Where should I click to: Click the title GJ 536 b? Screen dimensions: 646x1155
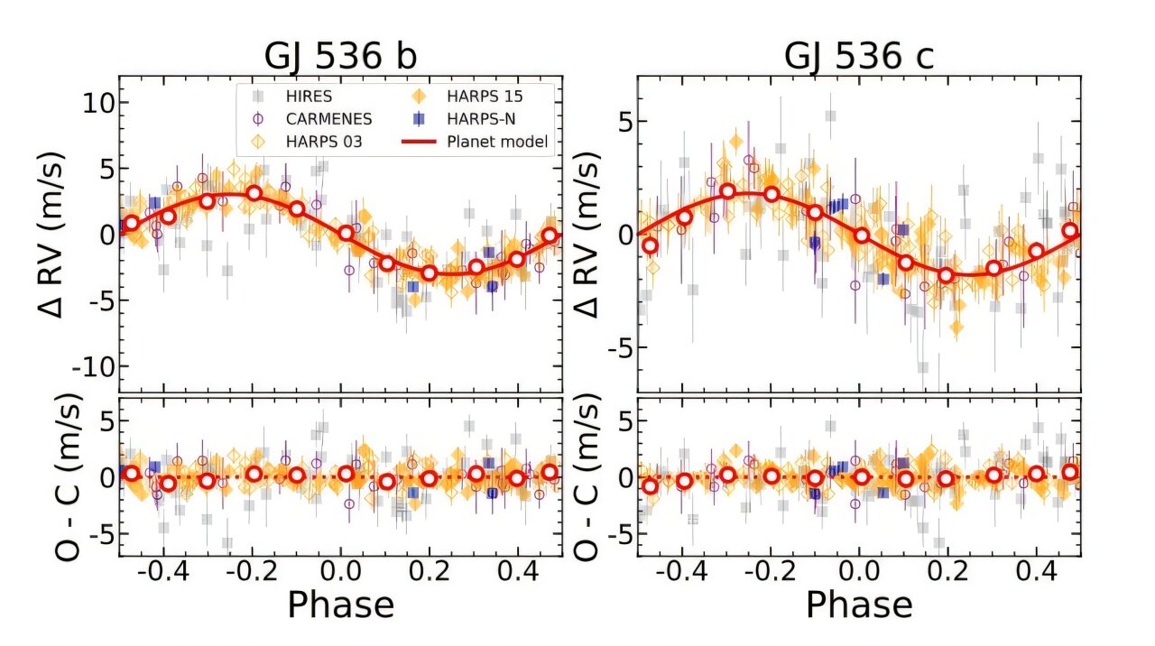[340, 56]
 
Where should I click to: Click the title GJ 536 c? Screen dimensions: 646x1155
[858, 56]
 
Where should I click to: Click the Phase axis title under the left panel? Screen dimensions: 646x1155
[340, 604]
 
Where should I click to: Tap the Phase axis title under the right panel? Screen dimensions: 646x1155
[858, 604]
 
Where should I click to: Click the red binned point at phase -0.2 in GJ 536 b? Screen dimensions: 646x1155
[254, 193]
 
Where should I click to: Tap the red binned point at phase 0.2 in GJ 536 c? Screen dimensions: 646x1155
[946, 275]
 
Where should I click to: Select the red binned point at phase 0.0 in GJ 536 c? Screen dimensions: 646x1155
[862, 235]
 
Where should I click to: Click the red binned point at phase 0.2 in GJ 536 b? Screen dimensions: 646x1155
[430, 272]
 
